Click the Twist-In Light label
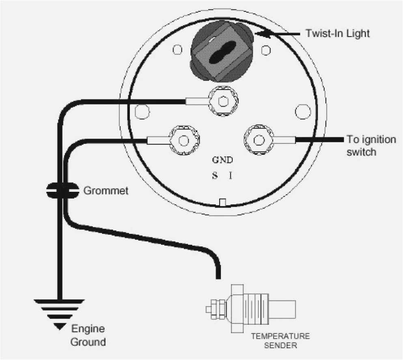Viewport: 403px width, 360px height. coord(337,33)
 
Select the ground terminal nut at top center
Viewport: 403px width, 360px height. coord(222,101)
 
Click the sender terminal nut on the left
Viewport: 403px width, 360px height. coord(184,140)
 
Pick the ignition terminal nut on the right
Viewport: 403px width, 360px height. coord(258,140)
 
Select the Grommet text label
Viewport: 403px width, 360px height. coord(106,191)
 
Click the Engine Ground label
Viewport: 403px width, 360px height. coord(88,335)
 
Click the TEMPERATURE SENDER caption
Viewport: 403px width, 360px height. coord(280,341)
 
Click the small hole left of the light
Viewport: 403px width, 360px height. coord(177,50)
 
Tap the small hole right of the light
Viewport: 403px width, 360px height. coord(265,50)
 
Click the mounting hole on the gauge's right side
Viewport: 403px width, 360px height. coord(302,110)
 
